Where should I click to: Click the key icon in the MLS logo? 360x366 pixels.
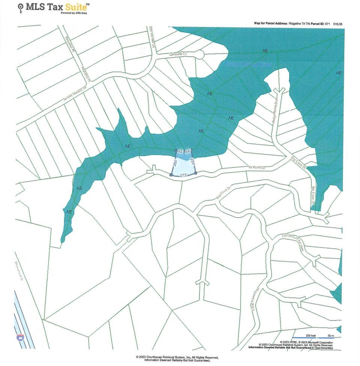coord(21,7)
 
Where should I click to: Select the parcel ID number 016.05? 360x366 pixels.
coord(337,24)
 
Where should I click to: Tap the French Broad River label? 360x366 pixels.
coord(248,65)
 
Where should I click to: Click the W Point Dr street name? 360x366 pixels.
coord(257,167)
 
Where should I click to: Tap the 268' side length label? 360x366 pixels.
coord(174,163)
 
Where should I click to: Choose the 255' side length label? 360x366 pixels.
coord(192,162)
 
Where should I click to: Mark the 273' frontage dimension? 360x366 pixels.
coord(183,175)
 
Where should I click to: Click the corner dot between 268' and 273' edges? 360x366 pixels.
coord(171,175)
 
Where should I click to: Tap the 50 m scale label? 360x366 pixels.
coord(330,335)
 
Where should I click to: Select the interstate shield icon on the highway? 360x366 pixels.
coord(19,337)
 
